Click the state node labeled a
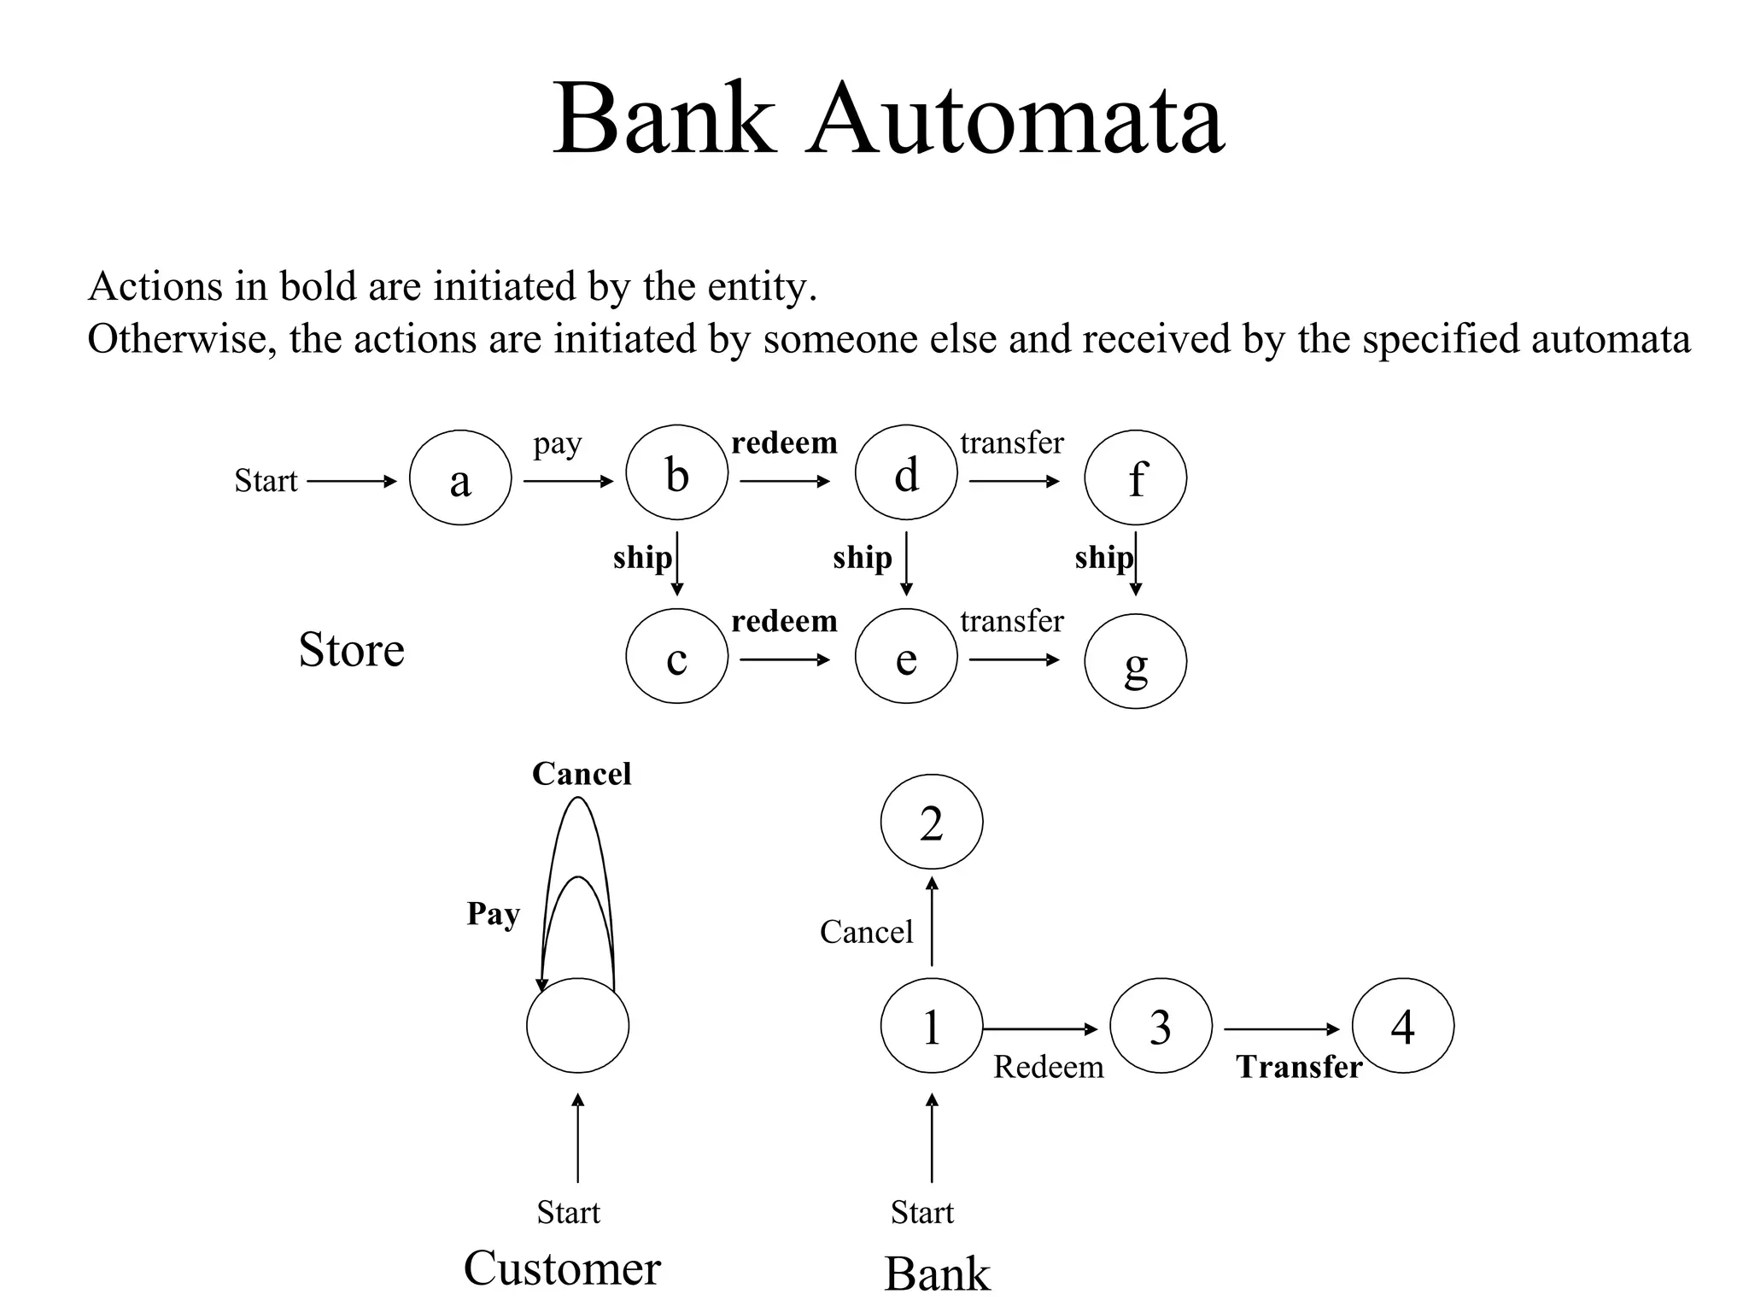pyautogui.click(x=460, y=477)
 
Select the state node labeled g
pyautogui.click(x=1135, y=660)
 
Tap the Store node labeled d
pyautogui.click(x=906, y=472)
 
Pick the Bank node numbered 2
pyautogui.click(x=932, y=821)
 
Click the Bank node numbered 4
pyautogui.click(x=1403, y=1025)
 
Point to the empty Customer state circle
pyautogui.click(x=578, y=1025)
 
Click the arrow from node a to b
pyautogui.click(x=568, y=482)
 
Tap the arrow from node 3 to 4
pyautogui.click(x=1281, y=1029)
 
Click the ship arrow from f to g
pyautogui.click(x=1136, y=564)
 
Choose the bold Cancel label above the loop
pyautogui.click(x=582, y=774)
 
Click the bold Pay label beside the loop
pyautogui.click(x=493, y=914)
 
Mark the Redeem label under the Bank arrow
pyautogui.click(x=1048, y=1067)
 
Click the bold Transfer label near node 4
pyautogui.click(x=1298, y=1067)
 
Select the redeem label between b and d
pyautogui.click(x=784, y=443)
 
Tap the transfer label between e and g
pyautogui.click(x=1012, y=621)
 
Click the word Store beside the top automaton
pyautogui.click(x=351, y=650)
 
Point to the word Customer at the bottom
pyautogui.click(x=562, y=1268)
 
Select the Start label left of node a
pyautogui.click(x=266, y=481)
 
